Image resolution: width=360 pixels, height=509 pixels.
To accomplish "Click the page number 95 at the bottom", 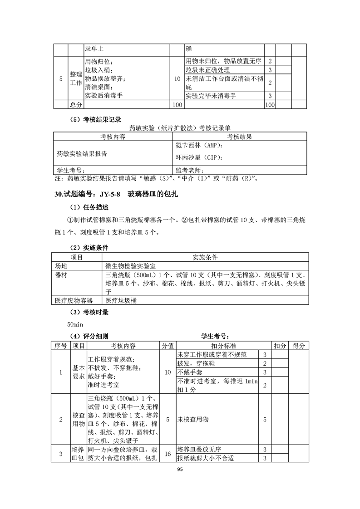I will pos(180,470).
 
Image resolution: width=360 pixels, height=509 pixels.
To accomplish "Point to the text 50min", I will pos(74,324).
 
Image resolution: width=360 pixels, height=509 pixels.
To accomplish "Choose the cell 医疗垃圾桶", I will pos(121,300).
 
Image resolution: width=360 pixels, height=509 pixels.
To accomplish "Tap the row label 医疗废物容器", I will pos(74,300).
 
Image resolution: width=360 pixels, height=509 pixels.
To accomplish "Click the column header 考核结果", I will pos(240,137).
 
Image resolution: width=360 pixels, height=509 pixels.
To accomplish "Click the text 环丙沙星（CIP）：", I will pos(198,158).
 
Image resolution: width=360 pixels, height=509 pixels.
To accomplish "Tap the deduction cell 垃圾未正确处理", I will pos(207,70).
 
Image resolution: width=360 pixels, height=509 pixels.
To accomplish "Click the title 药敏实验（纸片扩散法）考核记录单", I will pos(180,128).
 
